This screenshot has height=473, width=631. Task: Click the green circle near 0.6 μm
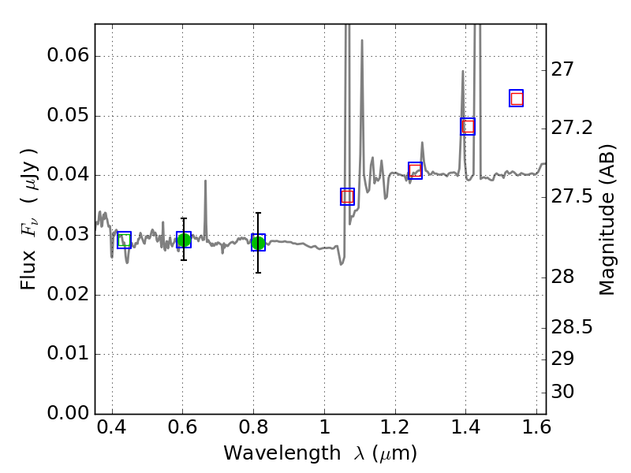[x=183, y=240]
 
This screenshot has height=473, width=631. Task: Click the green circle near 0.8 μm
[x=258, y=243]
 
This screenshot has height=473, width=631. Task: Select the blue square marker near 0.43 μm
[x=124, y=240]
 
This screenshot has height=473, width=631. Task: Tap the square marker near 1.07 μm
[x=347, y=197]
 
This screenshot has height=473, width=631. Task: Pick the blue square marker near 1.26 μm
[x=416, y=170]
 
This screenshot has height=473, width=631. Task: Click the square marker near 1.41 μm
[x=468, y=126]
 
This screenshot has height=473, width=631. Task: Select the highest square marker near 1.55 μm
[x=517, y=99]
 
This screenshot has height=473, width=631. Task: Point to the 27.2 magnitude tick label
[x=572, y=127]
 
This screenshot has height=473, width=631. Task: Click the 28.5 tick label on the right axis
[x=572, y=326]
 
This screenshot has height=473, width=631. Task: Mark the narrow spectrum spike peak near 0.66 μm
[x=205, y=181]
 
